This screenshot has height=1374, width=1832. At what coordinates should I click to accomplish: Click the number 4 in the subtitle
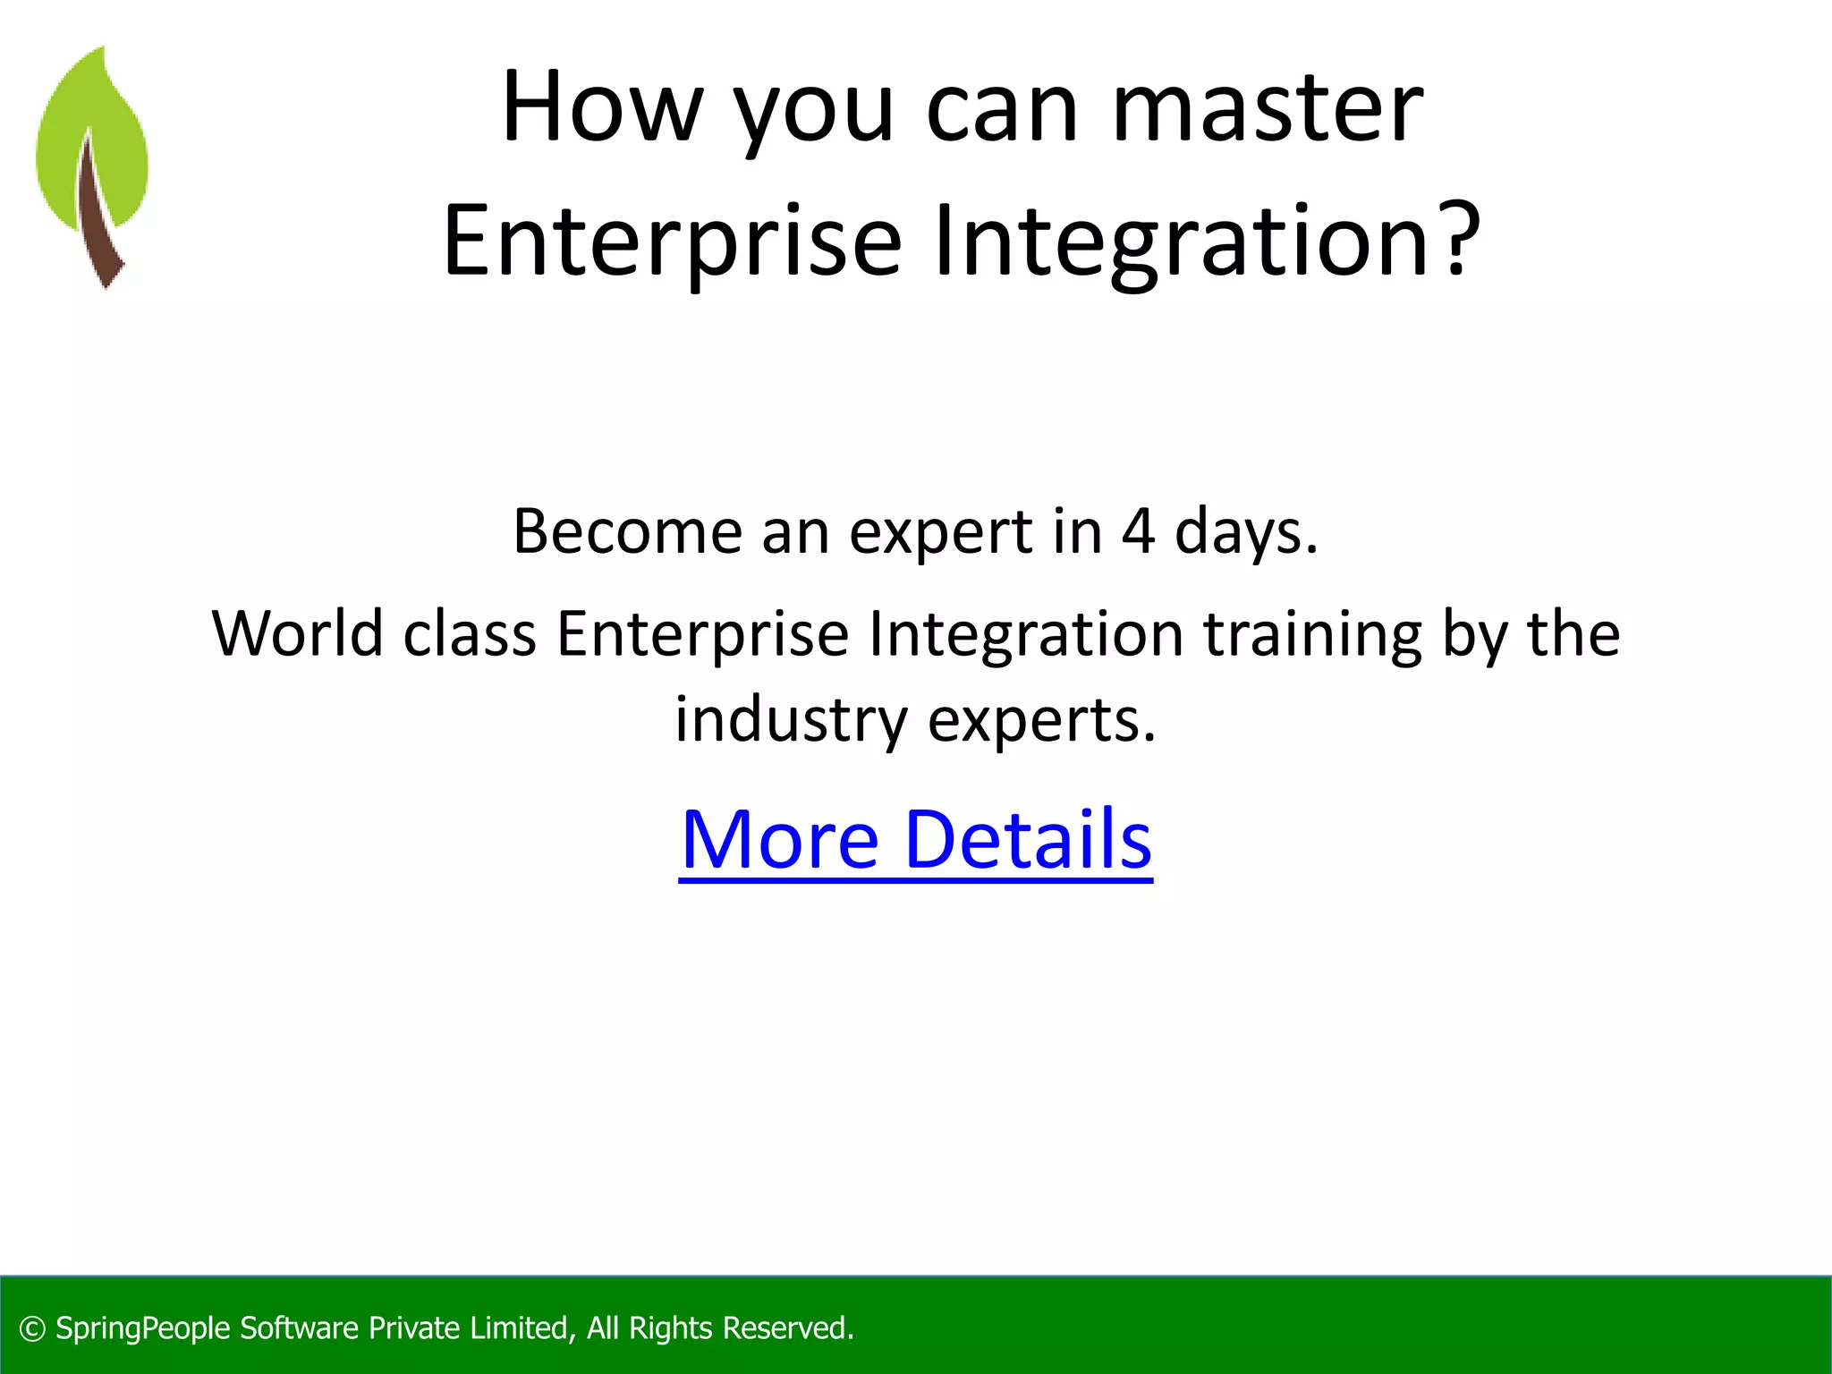click(1138, 531)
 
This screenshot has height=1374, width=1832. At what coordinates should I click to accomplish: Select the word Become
click(627, 531)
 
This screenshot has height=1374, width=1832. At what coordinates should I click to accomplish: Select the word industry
click(791, 721)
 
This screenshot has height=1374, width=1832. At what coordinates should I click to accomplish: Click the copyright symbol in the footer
click(32, 1329)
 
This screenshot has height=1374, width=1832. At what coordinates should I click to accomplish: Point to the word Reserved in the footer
click(787, 1328)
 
